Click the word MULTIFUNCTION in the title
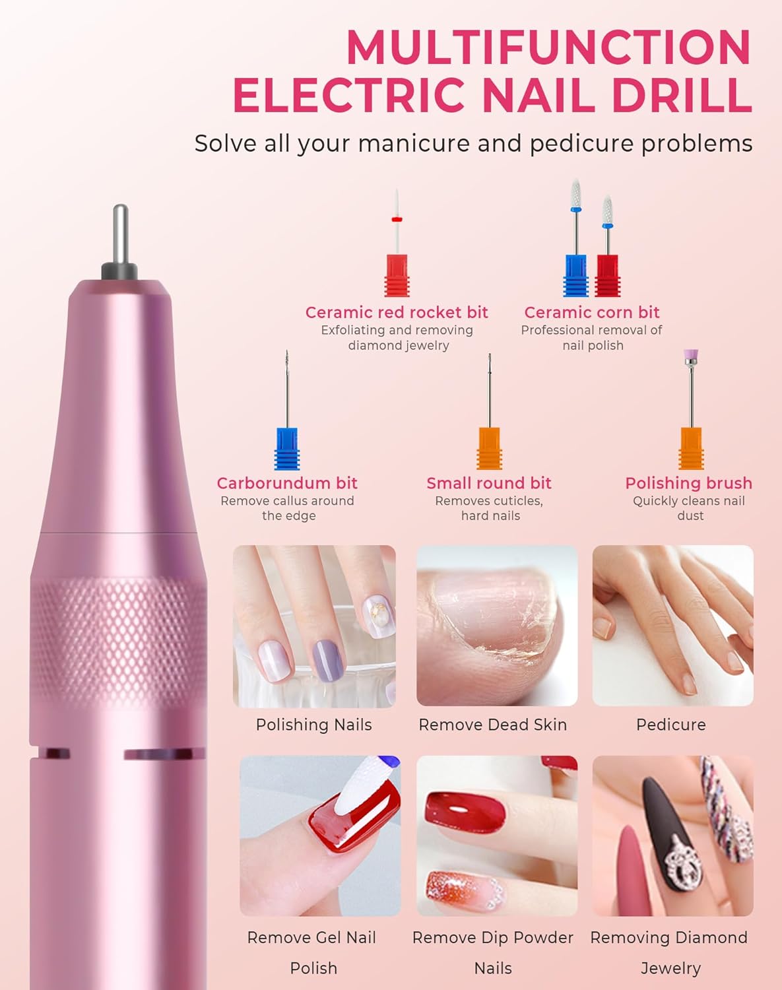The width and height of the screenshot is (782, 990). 549,48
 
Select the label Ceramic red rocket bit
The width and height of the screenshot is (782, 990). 397,312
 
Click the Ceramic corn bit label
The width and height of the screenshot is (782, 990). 592,312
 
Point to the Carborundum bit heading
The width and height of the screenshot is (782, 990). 287,483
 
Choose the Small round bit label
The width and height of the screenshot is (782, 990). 489,483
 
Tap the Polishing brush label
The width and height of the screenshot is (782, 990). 688,483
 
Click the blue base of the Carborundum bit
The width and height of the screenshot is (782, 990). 287,449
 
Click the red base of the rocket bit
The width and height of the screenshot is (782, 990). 397,276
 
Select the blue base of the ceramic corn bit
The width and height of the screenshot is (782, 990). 576,276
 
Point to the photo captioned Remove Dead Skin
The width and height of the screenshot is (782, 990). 497,626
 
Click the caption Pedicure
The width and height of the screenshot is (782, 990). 671,725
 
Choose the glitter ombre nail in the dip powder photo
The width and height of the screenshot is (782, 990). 465,891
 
